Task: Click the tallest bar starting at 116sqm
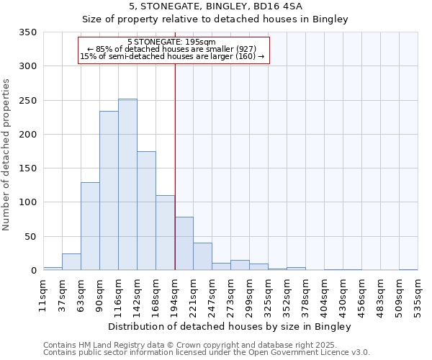click(127, 184)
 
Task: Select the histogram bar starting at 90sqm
click(109, 191)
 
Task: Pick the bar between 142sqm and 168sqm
click(146, 211)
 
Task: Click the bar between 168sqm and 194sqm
click(165, 233)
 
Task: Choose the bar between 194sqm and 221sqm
click(184, 243)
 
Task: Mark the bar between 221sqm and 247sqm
click(202, 256)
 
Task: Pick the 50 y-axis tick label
click(32, 236)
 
